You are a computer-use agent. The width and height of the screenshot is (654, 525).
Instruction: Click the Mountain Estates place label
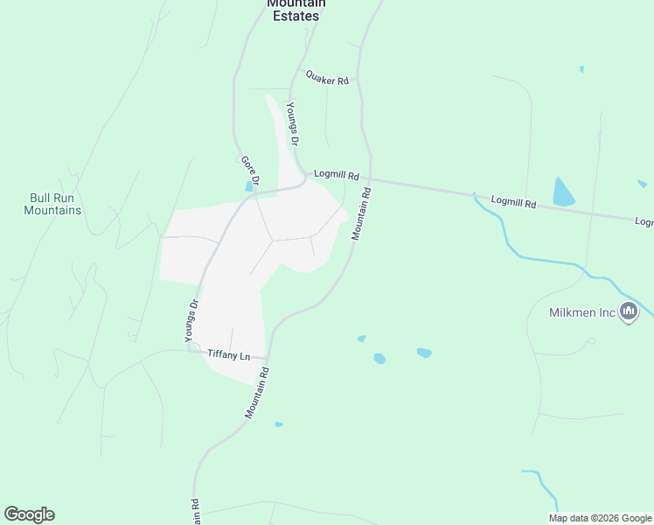tap(296, 10)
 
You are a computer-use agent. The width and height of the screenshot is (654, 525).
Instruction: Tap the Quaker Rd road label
tap(328, 77)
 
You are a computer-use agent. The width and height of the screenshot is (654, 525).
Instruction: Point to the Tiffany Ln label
tap(229, 354)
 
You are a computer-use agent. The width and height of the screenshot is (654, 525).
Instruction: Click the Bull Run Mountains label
tap(52, 204)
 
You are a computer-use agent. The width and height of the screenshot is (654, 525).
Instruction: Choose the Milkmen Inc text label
tap(582, 312)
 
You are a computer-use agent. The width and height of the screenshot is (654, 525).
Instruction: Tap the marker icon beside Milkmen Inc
tap(629, 311)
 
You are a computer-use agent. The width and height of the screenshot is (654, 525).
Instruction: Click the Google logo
tap(29, 514)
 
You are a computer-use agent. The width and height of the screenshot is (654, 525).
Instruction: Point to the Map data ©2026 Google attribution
tap(600, 518)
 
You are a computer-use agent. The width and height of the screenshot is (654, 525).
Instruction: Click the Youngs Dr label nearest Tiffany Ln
tap(192, 320)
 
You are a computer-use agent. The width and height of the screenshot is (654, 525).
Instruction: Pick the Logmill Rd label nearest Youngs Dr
tap(337, 175)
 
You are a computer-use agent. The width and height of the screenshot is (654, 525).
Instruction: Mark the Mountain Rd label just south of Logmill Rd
tap(362, 213)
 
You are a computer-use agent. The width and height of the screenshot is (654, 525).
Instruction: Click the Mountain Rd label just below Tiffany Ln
tap(256, 393)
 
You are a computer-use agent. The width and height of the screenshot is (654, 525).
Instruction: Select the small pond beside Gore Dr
tap(250, 185)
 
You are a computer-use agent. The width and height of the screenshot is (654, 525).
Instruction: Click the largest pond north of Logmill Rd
tap(563, 192)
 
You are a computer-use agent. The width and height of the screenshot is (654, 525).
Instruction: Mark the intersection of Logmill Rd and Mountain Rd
tap(371, 179)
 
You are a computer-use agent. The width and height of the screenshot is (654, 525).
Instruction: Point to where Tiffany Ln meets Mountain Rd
tap(268, 357)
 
